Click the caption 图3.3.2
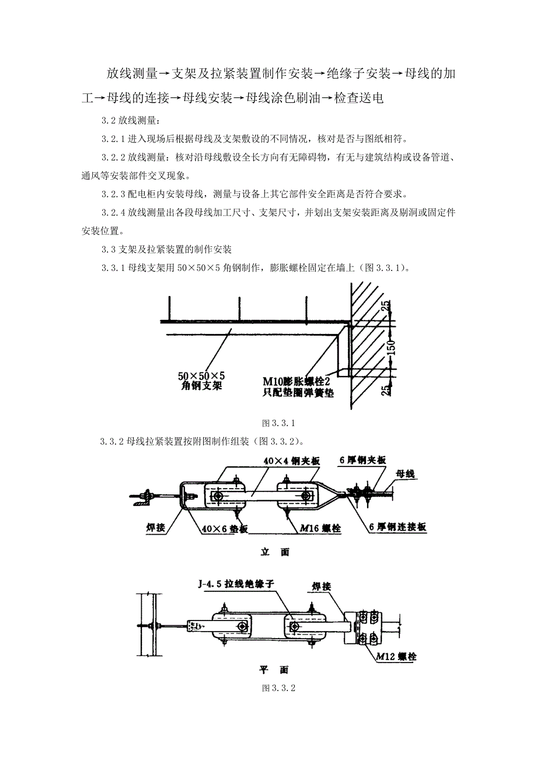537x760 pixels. (279, 688)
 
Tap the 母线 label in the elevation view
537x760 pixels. (405, 473)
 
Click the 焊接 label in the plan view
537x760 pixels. (322, 585)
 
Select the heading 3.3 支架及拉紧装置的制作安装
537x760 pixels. (166, 249)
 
